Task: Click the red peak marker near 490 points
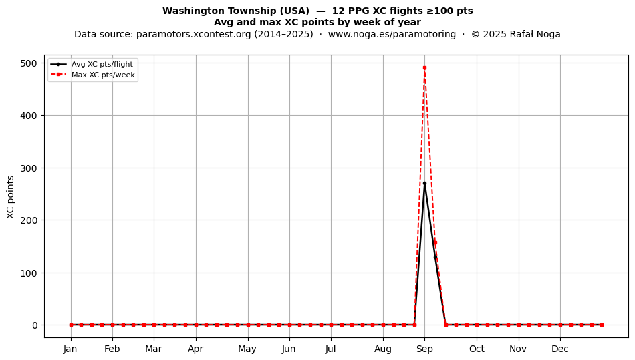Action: pyautogui.click(x=424, y=68)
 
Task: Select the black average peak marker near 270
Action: pyautogui.click(x=424, y=184)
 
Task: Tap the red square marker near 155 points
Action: pyautogui.click(x=435, y=243)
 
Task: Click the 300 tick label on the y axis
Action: pyautogui.click(x=29, y=168)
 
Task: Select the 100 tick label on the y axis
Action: pyautogui.click(x=29, y=273)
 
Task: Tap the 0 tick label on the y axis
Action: pyautogui.click(x=35, y=325)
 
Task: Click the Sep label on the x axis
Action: pyautogui.click(x=424, y=349)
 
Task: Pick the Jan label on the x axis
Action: pyautogui.click(x=70, y=349)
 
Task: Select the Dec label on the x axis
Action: pyautogui.click(x=560, y=349)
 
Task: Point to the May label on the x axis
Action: pyautogui.click(x=247, y=349)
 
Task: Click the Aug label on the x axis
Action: pyautogui.click(x=383, y=349)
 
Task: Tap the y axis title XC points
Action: pyautogui.click(x=11, y=197)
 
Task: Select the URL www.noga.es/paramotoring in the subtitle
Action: pyautogui.click(x=392, y=34)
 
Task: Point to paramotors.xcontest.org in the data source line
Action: pyautogui.click(x=194, y=34)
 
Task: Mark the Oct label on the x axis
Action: pyautogui.click(x=477, y=349)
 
